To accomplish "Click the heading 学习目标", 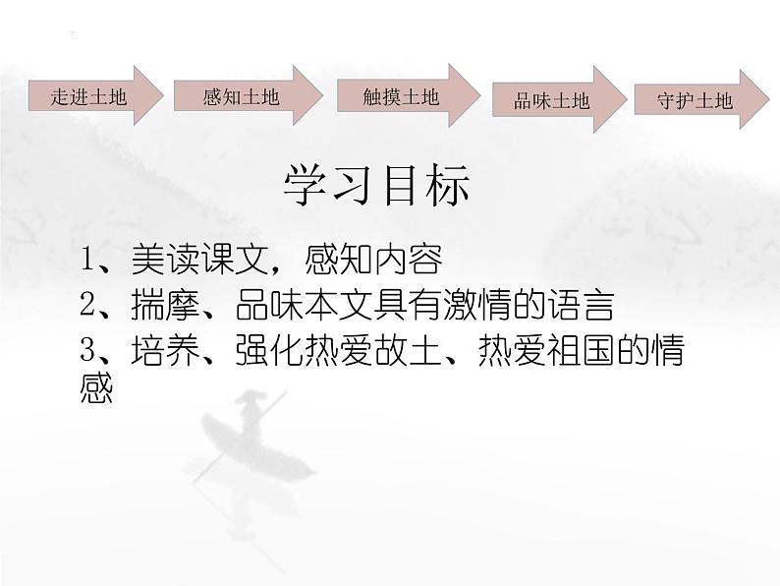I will pyautogui.click(x=377, y=186).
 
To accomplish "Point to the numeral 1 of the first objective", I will pyautogui.click(x=89, y=260).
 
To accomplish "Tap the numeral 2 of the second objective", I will pyautogui.click(x=89, y=306).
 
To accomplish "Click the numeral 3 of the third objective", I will pyautogui.click(x=89, y=352).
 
